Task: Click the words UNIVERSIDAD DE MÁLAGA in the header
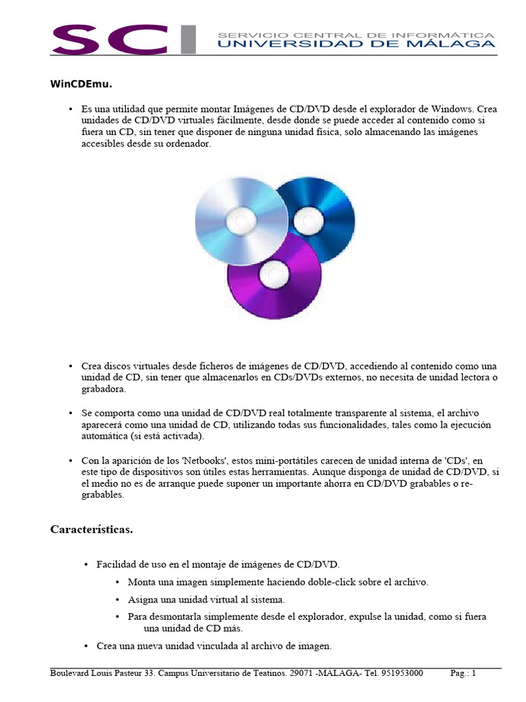(x=355, y=44)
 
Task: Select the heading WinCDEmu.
(x=81, y=84)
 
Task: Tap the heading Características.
(x=92, y=529)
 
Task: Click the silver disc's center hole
(x=241, y=219)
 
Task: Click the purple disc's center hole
(x=274, y=276)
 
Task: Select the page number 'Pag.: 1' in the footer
(x=463, y=673)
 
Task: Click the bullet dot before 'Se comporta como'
(x=71, y=413)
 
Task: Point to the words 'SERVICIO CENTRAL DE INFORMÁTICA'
(x=355, y=34)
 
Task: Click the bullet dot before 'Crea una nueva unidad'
(x=86, y=646)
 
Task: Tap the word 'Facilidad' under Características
(x=117, y=564)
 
